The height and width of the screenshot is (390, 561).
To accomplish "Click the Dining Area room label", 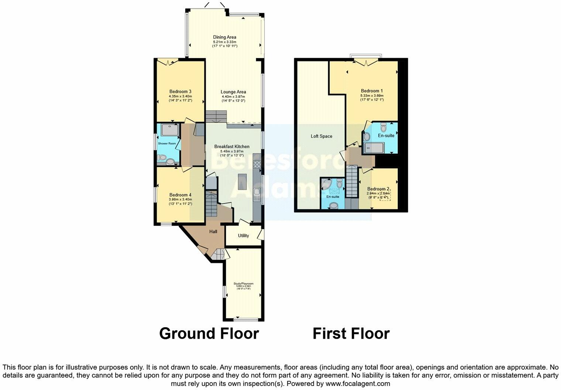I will pyautogui.click(x=224, y=37).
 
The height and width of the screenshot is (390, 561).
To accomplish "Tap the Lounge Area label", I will pyautogui.click(x=233, y=92).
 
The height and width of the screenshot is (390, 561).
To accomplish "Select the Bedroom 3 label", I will pyautogui.click(x=180, y=92).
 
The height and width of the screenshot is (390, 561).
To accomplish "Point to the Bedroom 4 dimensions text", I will pyautogui.click(x=180, y=202).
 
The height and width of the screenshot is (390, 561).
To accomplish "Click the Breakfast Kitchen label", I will pyautogui.click(x=232, y=147).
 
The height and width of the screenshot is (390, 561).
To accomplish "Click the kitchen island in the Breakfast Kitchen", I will pyautogui.click(x=242, y=181).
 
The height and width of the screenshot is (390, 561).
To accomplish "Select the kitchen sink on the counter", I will pyautogui.click(x=257, y=194).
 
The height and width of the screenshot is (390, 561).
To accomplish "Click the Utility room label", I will pyautogui.click(x=243, y=236).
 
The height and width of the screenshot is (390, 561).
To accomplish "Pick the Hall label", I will pyautogui.click(x=213, y=232).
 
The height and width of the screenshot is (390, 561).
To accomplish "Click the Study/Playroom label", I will pyautogui.click(x=244, y=284).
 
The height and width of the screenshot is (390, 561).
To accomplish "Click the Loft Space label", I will pyautogui.click(x=321, y=136).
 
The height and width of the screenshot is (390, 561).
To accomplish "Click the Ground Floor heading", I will pyautogui.click(x=209, y=333).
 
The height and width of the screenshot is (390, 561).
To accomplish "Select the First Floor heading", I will pyautogui.click(x=351, y=333).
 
